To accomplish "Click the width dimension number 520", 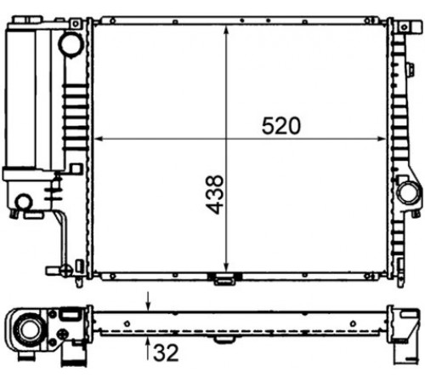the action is pos(280,126).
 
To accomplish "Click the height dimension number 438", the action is pos(214,195).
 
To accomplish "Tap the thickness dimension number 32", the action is pos(166,352).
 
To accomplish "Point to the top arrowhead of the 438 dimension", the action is pos(226,30).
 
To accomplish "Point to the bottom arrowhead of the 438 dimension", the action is pos(226,267).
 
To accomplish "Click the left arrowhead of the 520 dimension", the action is pos(98,139).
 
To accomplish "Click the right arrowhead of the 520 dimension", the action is pos(382,139).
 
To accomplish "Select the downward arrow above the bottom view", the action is pos(148,301).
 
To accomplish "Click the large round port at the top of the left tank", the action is pos(71,44).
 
